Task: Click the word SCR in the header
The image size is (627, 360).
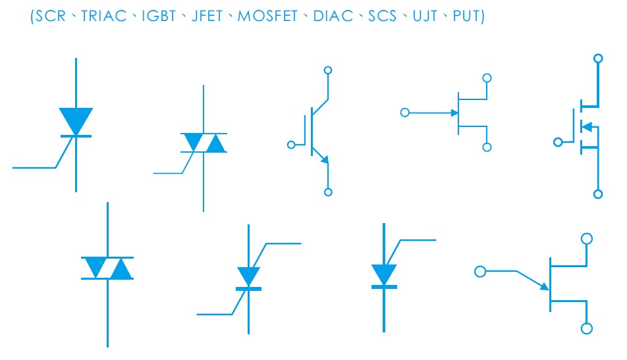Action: tap(50, 16)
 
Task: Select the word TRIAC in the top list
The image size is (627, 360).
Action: tap(103, 16)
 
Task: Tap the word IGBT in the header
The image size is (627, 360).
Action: tap(159, 16)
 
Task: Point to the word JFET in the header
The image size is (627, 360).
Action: tap(207, 16)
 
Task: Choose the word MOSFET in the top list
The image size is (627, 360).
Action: tap(267, 16)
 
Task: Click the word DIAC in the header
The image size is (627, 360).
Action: tap(333, 16)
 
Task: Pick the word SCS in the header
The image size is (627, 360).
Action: tap(382, 16)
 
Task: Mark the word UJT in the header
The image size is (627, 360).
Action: tap(425, 16)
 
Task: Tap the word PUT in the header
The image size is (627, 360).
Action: tap(466, 16)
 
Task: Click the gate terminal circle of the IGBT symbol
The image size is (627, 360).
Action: tap(291, 145)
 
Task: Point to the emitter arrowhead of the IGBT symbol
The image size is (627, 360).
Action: tap(325, 159)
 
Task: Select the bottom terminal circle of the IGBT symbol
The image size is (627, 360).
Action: tap(328, 192)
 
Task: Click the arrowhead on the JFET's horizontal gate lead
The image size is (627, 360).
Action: tap(454, 113)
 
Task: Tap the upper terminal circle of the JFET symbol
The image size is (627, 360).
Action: tap(487, 78)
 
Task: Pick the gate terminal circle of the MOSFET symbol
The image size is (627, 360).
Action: tap(558, 142)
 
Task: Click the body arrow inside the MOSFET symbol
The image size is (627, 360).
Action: tap(587, 126)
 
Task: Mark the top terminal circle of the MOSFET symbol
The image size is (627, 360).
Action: tap(598, 59)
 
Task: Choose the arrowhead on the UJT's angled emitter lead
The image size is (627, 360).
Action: tap(545, 286)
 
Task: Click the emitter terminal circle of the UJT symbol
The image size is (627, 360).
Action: tap(480, 272)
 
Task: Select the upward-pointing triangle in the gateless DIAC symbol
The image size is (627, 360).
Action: tap(121, 269)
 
